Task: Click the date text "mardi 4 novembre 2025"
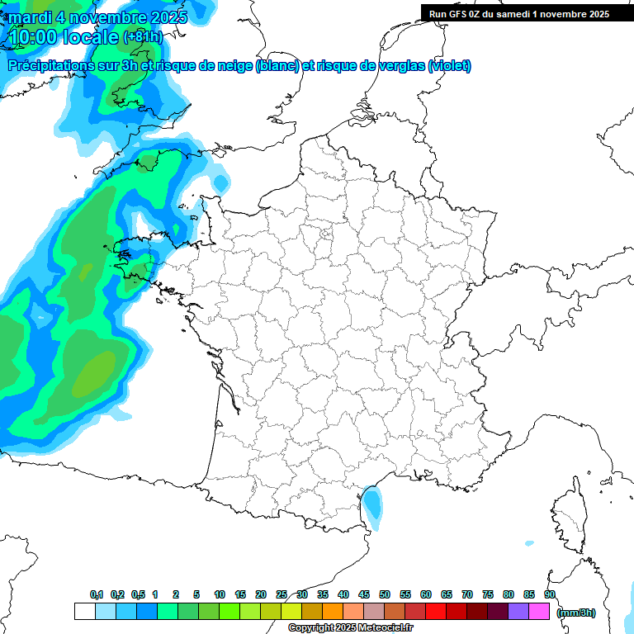coord(97,17)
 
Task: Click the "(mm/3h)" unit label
coord(575,613)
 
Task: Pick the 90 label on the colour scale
coord(550,594)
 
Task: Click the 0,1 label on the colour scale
coord(97,594)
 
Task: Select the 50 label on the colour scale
coord(385,594)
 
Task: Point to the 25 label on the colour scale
coord(282,594)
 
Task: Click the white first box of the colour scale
coord(84,612)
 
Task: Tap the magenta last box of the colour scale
coord(539,612)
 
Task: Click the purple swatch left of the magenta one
coord(518,612)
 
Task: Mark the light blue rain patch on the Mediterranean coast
coord(372,505)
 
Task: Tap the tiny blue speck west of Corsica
coord(528,543)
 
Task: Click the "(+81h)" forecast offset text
coord(143,37)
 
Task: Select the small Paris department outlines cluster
coord(325,239)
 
